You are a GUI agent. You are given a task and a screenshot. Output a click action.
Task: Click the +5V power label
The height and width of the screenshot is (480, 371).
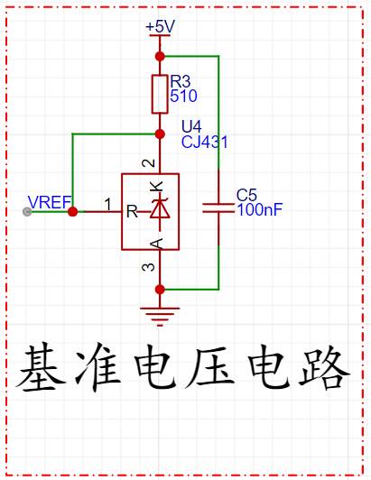161,26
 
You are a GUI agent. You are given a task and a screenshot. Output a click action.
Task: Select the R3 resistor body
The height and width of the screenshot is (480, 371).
160,94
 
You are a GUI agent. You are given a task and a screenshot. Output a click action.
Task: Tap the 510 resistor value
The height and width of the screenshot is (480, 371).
183,97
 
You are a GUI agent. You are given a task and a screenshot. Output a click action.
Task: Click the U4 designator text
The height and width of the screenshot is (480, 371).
191,126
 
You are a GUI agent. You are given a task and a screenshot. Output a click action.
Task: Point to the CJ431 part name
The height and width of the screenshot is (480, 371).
205,142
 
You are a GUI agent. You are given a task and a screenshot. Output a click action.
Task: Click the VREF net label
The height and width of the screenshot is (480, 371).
50,202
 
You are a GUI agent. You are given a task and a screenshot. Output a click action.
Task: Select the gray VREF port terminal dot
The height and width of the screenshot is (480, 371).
27,211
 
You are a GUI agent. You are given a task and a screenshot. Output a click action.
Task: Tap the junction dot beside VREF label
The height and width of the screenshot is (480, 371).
72,211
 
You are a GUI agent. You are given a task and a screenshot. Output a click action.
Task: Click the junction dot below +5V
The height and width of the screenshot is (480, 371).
160,56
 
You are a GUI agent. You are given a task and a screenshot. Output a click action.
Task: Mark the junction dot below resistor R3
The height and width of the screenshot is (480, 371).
160,134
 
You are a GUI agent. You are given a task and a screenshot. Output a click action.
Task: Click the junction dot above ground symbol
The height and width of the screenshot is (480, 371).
160,290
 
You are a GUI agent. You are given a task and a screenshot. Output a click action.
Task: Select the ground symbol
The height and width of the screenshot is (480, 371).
160,317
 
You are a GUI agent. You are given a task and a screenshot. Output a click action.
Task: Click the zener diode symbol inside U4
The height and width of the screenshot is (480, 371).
160,210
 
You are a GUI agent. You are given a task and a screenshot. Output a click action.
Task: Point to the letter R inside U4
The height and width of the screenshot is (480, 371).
132,211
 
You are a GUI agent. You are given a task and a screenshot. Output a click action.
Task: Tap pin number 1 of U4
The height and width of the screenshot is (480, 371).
107,204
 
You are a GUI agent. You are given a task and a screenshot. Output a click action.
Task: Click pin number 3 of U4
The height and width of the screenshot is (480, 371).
149,267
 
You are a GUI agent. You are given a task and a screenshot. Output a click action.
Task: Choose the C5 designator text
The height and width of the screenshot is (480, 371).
246,195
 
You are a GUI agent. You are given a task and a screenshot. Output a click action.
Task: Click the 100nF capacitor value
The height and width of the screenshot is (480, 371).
259,209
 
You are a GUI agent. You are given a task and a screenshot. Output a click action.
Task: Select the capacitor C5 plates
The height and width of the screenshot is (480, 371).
218,208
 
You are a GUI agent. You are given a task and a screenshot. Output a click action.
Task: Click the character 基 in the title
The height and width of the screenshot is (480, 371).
42,368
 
